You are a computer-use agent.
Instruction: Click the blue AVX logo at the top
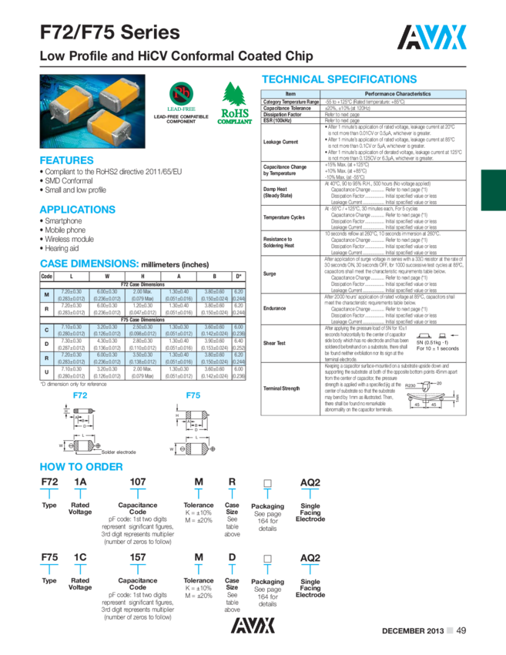432,36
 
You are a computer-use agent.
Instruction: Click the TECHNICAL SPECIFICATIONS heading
340,79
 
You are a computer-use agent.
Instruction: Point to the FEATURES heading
66,160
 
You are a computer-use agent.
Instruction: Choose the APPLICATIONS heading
78,209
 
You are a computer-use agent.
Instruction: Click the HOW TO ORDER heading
81,466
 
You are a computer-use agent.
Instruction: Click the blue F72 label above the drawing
80,395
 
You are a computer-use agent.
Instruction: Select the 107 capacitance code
138,482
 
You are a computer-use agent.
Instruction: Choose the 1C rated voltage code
80,556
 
